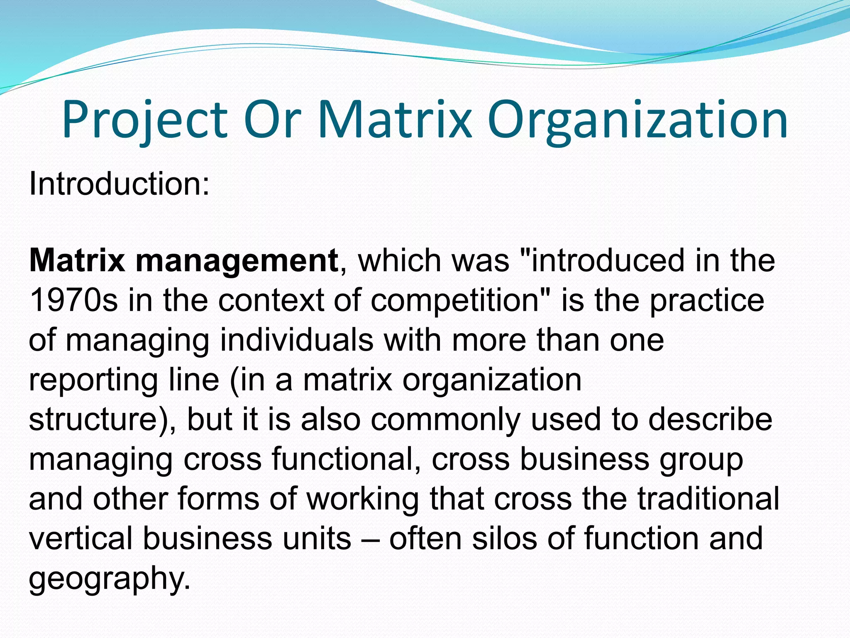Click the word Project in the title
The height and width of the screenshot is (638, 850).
(x=145, y=120)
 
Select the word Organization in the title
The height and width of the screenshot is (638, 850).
(x=637, y=120)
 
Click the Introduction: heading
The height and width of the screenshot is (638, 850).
(x=120, y=184)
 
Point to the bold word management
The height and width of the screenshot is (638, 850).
(x=237, y=261)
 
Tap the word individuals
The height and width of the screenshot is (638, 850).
(x=296, y=340)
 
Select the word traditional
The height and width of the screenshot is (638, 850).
(x=708, y=498)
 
